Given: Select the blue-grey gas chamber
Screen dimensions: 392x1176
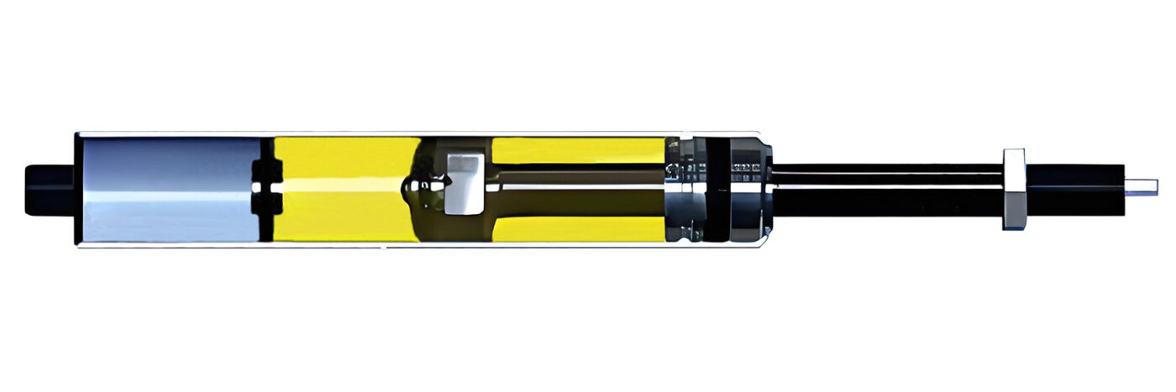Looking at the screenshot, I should pyautogui.click(x=168, y=190).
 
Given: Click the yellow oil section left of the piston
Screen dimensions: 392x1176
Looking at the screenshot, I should pyautogui.click(x=344, y=168).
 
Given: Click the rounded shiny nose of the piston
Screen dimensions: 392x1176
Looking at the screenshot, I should pyautogui.click(x=413, y=186).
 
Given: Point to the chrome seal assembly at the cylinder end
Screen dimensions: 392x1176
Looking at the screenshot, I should pyautogui.click(x=685, y=189).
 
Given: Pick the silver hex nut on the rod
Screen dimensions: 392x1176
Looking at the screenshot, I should pyautogui.click(x=1014, y=189).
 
